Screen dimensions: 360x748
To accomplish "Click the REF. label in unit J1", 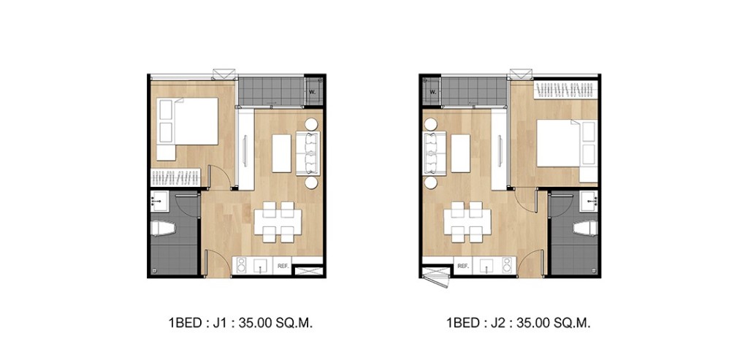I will (282, 267).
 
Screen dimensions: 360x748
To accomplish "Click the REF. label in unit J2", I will (462, 267).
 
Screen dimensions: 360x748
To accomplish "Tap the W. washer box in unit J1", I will (313, 92).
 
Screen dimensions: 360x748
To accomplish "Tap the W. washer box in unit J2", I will (432, 92).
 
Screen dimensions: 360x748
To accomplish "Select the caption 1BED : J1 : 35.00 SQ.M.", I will (240, 322).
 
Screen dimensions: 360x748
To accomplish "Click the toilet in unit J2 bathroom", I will (585, 229).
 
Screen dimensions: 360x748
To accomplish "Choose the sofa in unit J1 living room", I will (308, 154).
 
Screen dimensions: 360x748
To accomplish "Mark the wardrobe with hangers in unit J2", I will (566, 91).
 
